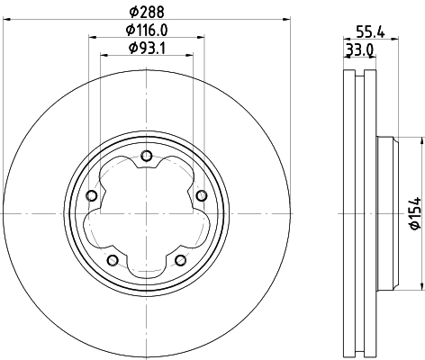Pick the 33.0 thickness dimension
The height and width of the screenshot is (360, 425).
tap(359, 50)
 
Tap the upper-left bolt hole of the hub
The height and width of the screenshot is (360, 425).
tap(91, 197)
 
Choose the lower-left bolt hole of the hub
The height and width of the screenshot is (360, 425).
tap(112, 260)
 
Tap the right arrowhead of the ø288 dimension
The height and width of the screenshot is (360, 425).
tap(281, 18)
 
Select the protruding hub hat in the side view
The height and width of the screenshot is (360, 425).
tap(384, 213)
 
